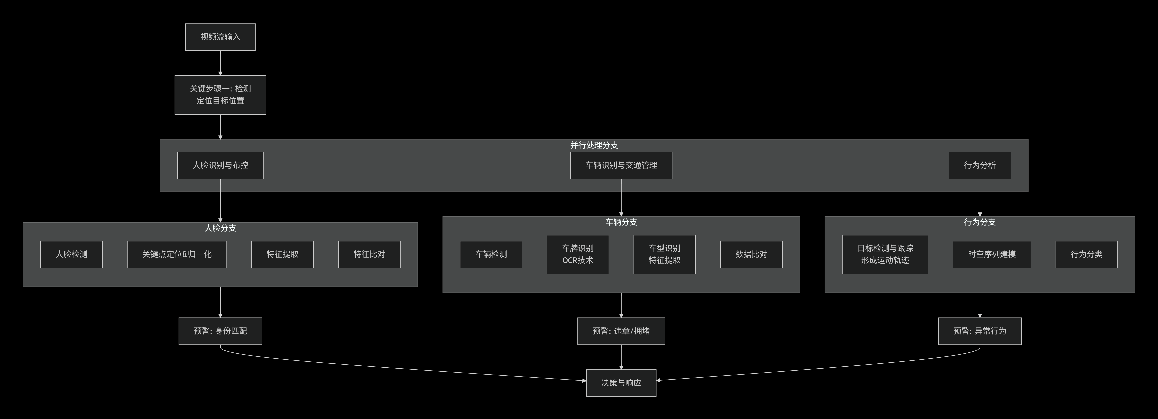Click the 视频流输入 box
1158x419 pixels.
pos(220,37)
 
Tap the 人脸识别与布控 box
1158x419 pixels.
pos(220,165)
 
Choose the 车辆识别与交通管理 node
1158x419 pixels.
pos(621,165)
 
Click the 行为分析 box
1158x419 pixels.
pos(980,165)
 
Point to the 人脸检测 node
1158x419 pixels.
pos(71,254)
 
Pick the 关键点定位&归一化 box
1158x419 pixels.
pos(177,254)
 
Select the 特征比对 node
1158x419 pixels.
pos(369,254)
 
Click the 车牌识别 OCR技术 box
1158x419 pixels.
pos(578,254)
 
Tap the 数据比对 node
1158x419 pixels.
pos(751,254)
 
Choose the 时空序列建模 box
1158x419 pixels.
pos(992,254)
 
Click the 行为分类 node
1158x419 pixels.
pos(1086,254)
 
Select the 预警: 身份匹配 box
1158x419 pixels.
pos(220,331)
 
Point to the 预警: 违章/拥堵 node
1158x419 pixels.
pos(621,331)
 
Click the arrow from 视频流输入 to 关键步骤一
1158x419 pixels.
pos(220,63)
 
